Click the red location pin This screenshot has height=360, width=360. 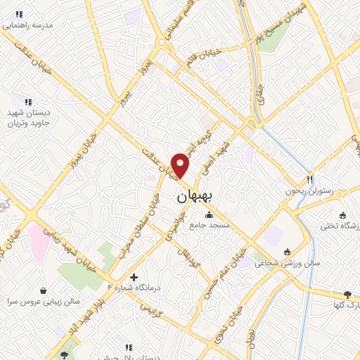coord(181,166)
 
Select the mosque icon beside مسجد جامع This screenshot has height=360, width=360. coord(208,214)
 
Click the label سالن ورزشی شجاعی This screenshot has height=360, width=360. coord(286,263)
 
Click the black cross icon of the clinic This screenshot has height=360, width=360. coord(134,277)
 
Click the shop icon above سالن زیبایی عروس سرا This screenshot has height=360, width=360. coord(43,290)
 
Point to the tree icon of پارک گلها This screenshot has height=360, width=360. coord(347,294)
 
